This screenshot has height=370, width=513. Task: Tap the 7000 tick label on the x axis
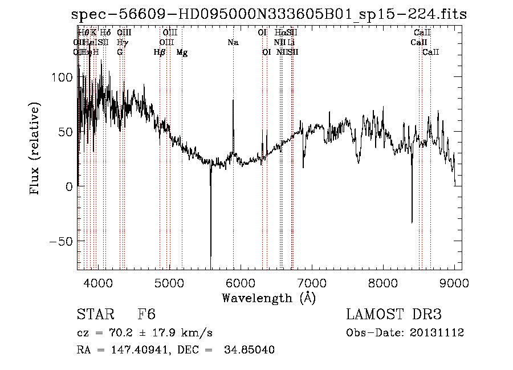pyautogui.click(x=312, y=282)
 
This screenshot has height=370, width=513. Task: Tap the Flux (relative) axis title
pyautogui.click(x=35, y=149)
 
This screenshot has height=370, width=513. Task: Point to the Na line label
pyautogui.click(x=233, y=42)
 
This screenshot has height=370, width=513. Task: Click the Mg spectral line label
pyautogui.click(x=182, y=52)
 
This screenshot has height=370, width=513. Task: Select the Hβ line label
pyautogui.click(x=160, y=52)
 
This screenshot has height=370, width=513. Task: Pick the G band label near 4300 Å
pyautogui.click(x=120, y=52)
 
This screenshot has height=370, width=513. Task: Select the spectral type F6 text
pyautogui.click(x=146, y=314)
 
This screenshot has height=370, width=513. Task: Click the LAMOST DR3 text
pyautogui.click(x=393, y=314)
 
